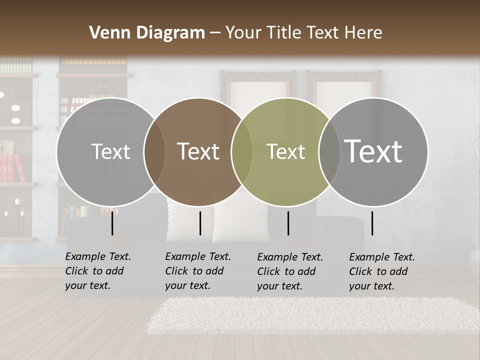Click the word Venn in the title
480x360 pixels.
(106, 33)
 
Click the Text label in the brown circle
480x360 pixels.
(198, 151)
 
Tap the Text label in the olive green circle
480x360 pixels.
(285, 151)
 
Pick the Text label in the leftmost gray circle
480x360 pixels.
(110, 151)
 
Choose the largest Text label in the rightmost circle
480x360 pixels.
(373, 151)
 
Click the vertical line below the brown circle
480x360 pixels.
(200, 223)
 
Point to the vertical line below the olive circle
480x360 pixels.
(288, 223)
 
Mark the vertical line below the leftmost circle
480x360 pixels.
(112, 223)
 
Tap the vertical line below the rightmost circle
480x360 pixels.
(372, 223)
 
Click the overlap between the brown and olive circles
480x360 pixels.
(242, 151)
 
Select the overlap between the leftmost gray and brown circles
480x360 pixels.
(154, 151)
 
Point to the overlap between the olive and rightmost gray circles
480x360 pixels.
(329, 151)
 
